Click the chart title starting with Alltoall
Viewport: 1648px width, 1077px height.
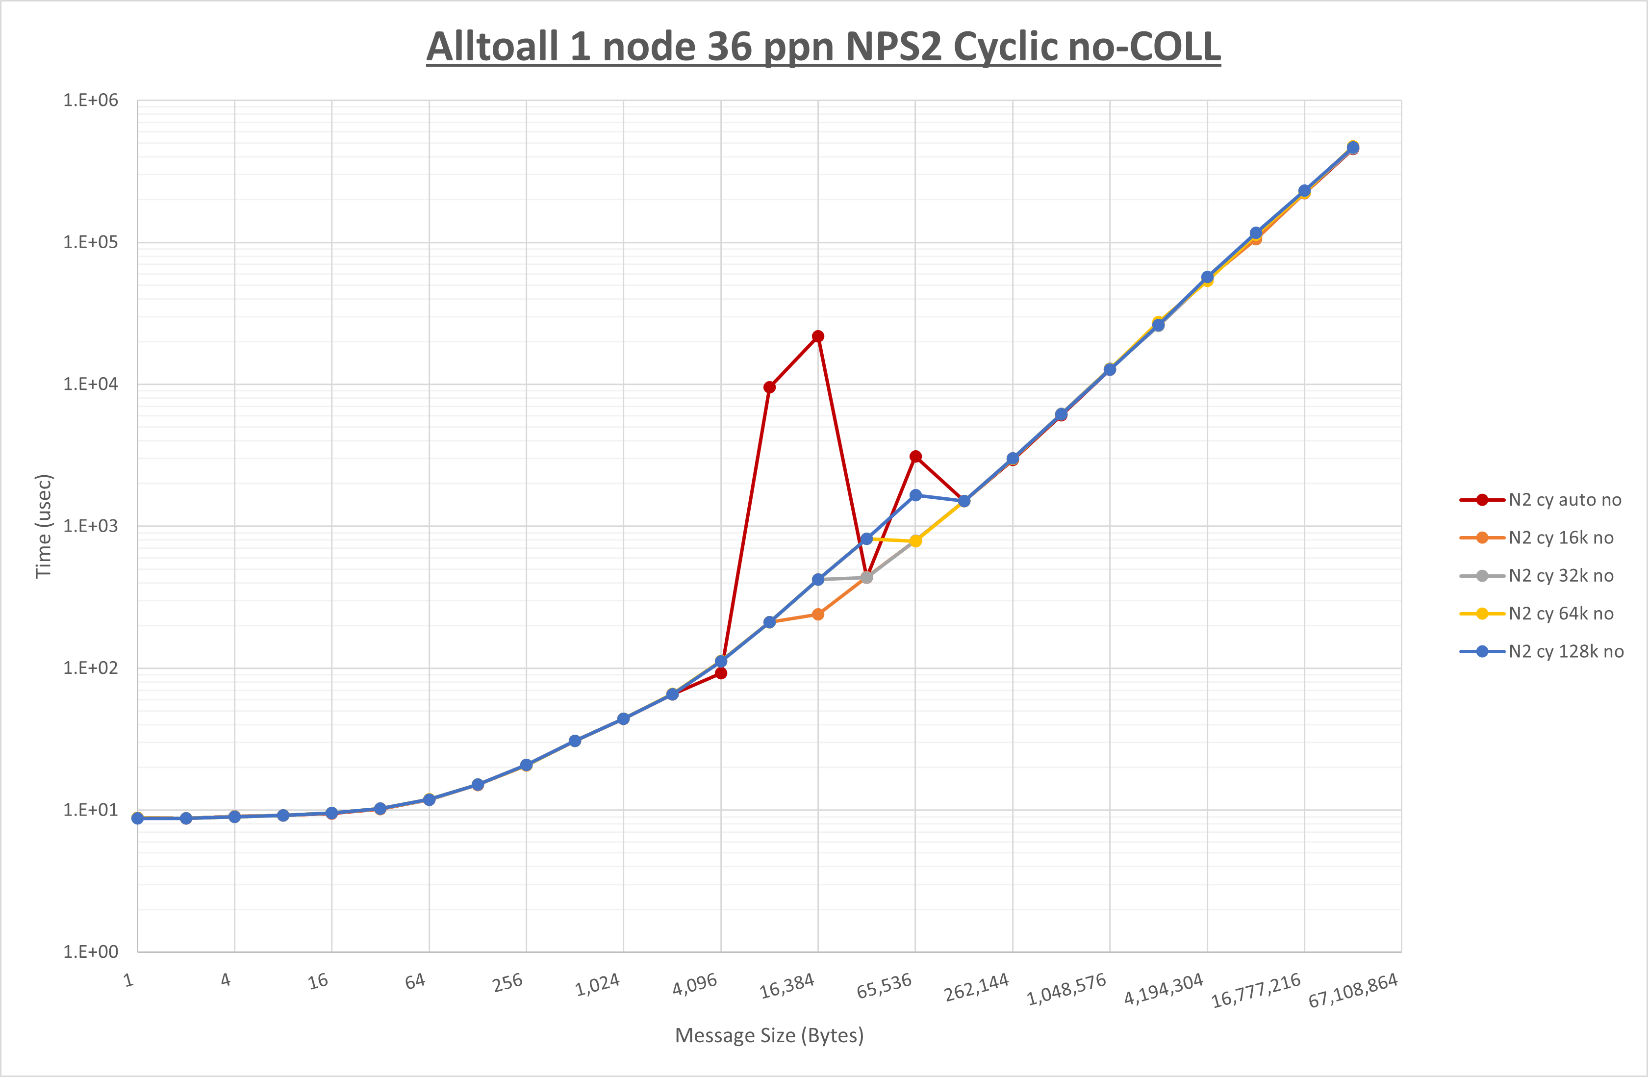pyautogui.click(x=823, y=47)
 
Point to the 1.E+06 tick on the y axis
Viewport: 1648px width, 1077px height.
pyautogui.click(x=91, y=101)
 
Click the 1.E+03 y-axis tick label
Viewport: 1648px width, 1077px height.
pyautogui.click(x=91, y=526)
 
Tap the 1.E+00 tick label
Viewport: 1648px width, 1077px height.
pyautogui.click(x=91, y=951)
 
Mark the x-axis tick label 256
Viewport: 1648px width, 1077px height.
pyautogui.click(x=507, y=983)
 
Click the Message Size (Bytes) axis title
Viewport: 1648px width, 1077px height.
pyautogui.click(x=769, y=1035)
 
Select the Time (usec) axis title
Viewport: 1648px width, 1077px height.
pyautogui.click(x=44, y=526)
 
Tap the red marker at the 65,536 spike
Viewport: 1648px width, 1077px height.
pyautogui.click(x=915, y=457)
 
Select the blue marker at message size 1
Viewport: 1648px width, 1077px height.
pyautogui.click(x=137, y=818)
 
